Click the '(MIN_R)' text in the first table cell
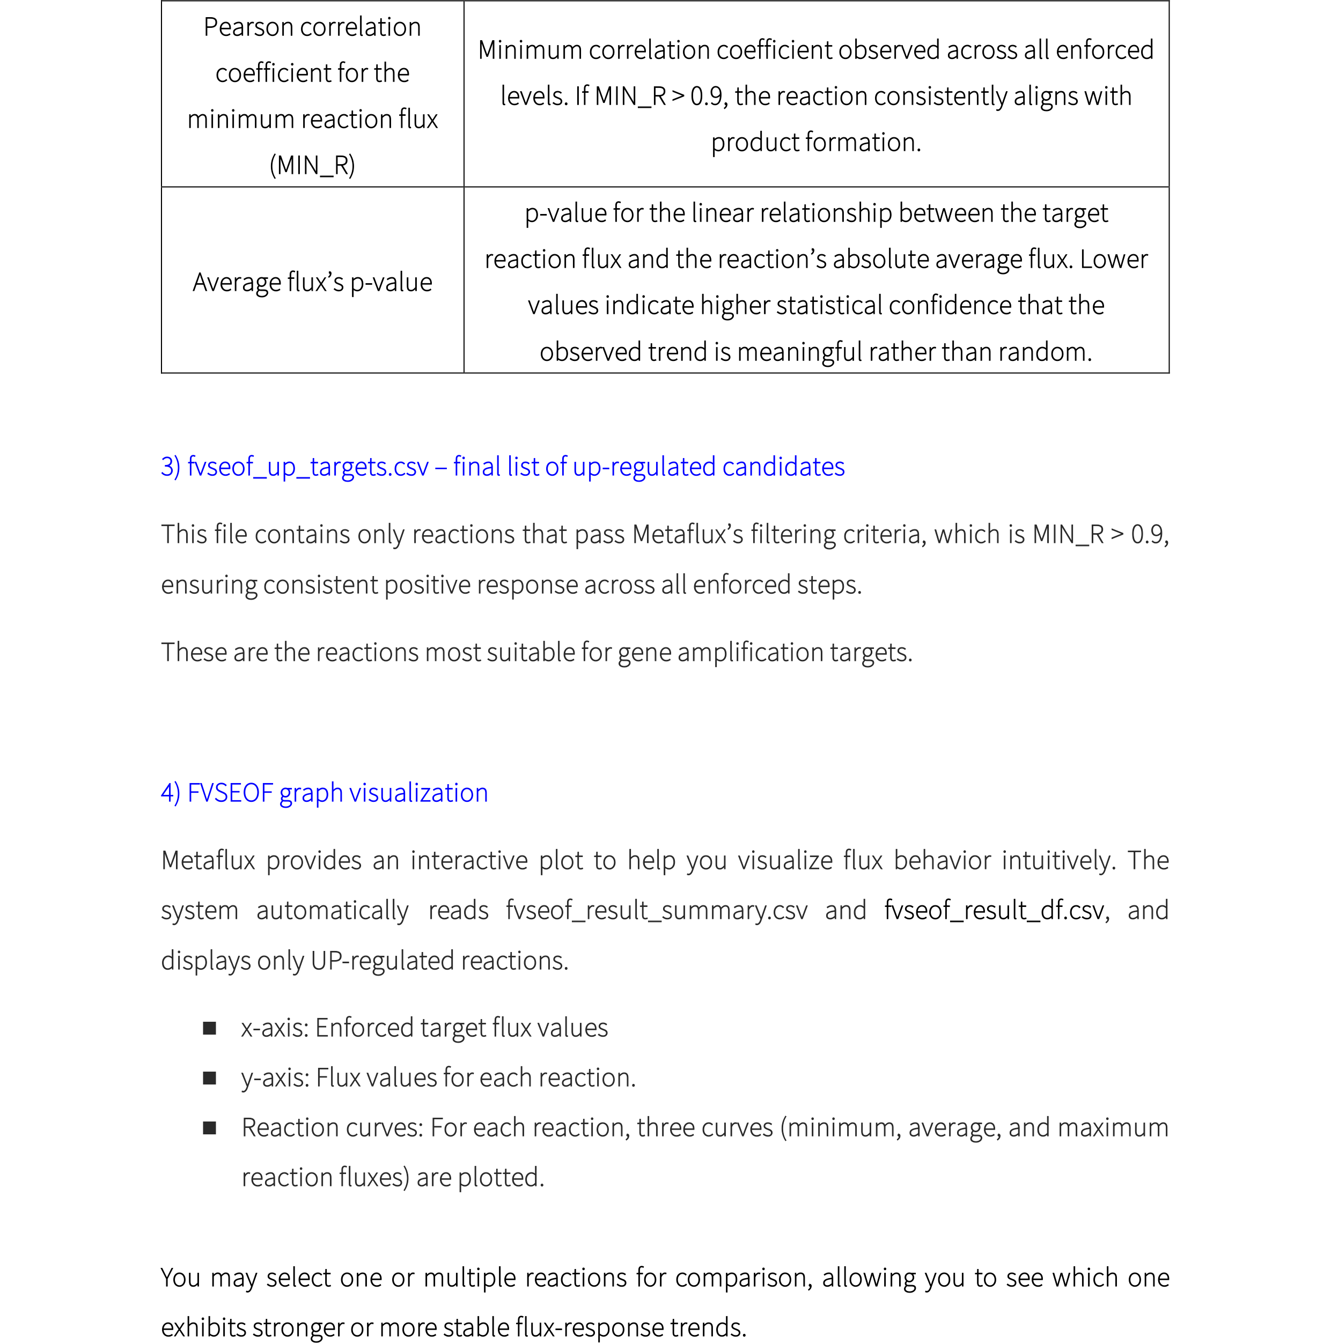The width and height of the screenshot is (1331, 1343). click(312, 165)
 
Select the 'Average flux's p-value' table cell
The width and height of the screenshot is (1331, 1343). click(312, 282)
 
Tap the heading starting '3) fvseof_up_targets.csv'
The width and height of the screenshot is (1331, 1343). click(502, 467)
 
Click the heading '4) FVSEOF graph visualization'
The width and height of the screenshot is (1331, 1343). click(324, 793)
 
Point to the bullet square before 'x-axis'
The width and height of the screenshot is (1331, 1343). click(209, 1028)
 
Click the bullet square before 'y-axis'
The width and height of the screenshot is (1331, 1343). click(209, 1078)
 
